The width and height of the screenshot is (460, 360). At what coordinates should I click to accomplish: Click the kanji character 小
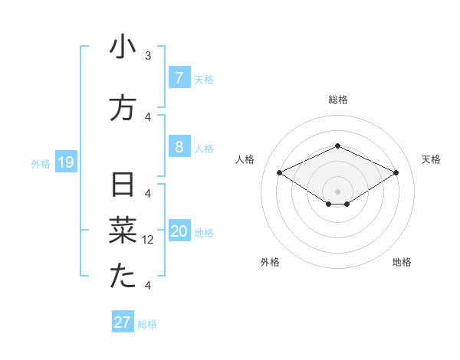(123, 48)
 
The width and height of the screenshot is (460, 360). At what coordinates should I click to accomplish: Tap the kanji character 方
(123, 108)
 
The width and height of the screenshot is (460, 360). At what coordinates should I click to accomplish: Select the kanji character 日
(123, 185)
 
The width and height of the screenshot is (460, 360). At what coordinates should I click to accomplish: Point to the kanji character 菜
(123, 230)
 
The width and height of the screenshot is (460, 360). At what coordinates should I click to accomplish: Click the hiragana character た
(123, 277)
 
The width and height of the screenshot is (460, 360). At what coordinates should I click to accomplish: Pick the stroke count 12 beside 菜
(149, 240)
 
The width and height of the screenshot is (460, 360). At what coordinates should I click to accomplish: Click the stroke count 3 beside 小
(148, 56)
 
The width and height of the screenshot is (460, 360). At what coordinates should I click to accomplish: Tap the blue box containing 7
(179, 78)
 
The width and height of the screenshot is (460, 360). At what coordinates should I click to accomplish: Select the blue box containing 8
(179, 148)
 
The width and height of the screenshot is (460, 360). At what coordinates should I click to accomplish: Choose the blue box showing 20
(179, 231)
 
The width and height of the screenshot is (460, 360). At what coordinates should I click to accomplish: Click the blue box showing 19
(65, 162)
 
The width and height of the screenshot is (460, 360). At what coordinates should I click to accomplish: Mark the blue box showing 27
(122, 322)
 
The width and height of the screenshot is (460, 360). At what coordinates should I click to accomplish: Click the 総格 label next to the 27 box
(147, 324)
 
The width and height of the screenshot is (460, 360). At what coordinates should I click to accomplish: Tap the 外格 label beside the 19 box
(41, 164)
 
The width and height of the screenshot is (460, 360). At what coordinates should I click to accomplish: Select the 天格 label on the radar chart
(431, 159)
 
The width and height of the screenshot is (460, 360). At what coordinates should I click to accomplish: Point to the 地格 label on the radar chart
(402, 262)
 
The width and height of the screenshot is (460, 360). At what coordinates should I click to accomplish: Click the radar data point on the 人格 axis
(279, 172)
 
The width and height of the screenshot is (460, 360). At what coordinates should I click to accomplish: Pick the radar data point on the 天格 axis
(396, 172)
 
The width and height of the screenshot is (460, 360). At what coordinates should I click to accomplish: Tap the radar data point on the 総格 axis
(337, 146)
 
